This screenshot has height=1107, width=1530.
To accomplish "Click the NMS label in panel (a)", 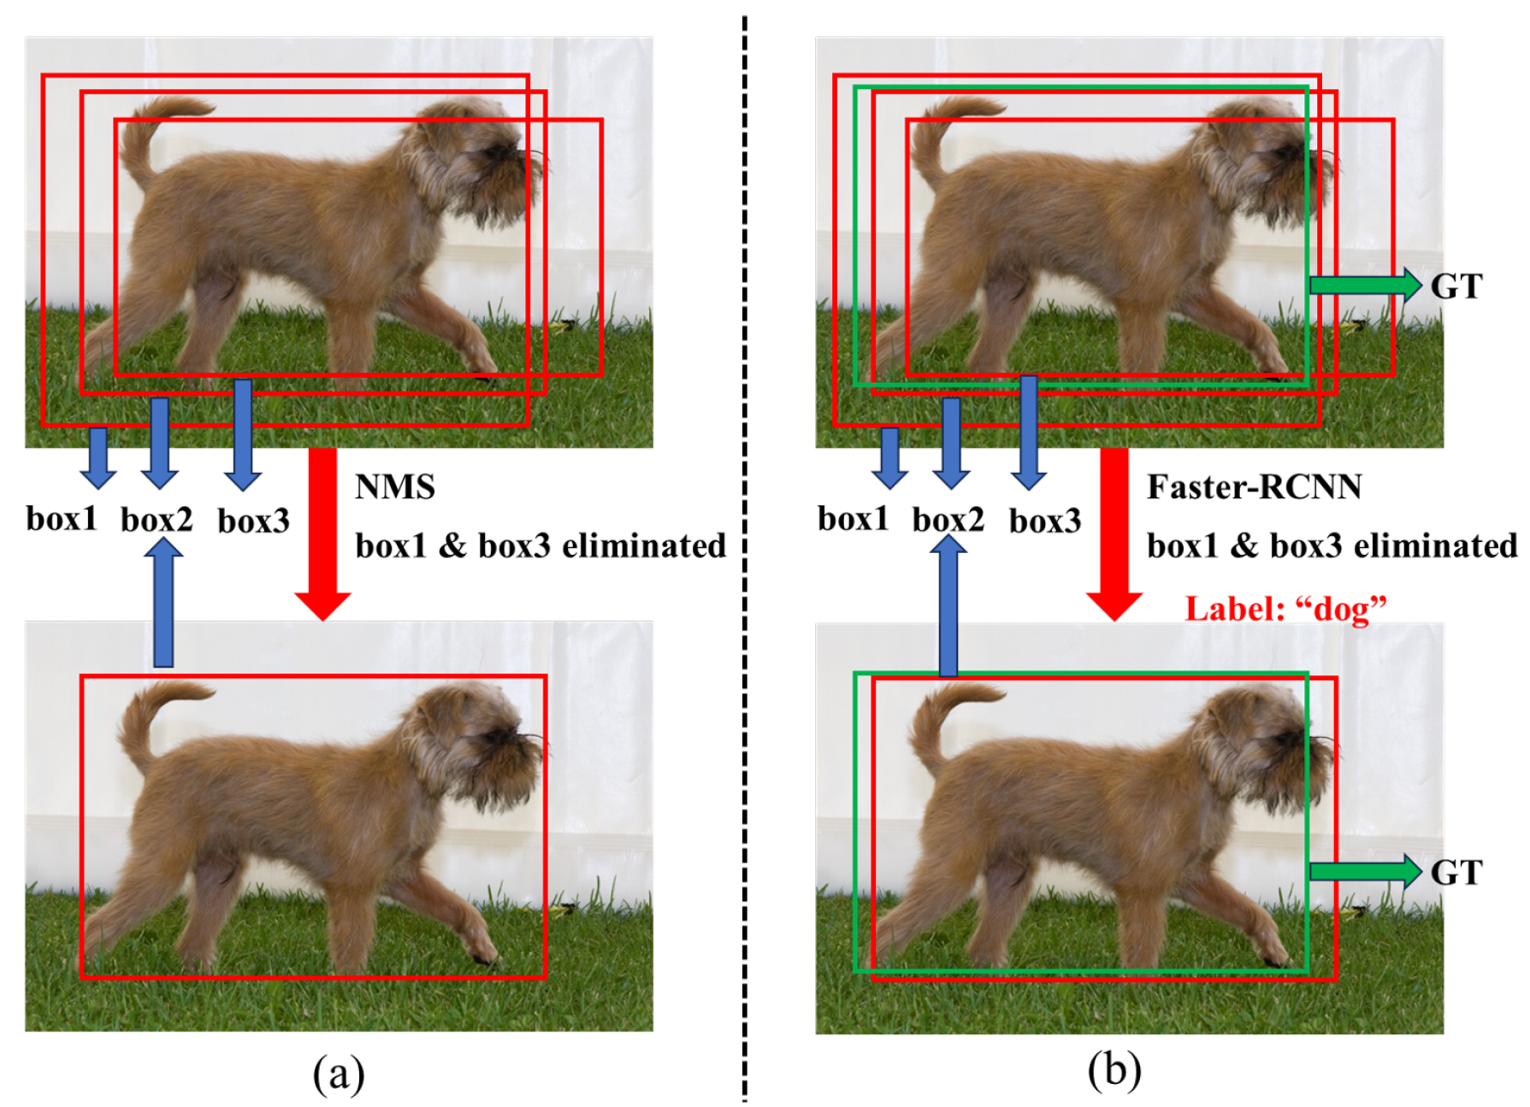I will click(394, 487).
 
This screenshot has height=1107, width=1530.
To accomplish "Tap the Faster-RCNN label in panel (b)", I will click(1254, 487).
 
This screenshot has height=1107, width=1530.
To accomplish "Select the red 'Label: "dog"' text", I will click(1285, 609).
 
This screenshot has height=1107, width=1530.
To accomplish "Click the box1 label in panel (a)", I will click(62, 519).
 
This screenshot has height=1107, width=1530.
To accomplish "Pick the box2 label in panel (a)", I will click(157, 520).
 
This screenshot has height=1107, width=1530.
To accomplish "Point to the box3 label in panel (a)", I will click(253, 521).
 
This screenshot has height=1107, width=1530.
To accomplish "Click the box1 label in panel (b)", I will click(853, 519).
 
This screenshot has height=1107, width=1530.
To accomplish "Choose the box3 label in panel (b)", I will click(1045, 521).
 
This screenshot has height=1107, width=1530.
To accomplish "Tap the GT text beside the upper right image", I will click(1456, 286).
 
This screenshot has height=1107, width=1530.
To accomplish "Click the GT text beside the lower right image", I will click(1456, 873).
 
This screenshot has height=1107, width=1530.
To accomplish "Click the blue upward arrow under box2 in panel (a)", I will click(162, 603).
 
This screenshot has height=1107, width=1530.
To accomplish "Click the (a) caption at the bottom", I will click(339, 1074).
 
